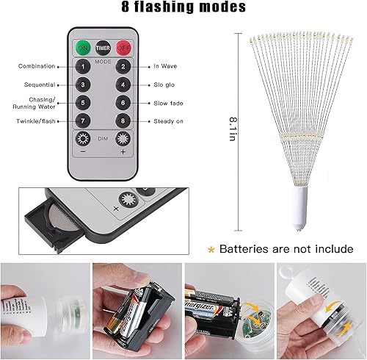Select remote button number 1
pos(84,67)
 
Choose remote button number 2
pos(123,67)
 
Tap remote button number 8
pos(123,120)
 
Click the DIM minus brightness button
pos(84,140)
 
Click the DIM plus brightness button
pos(123,140)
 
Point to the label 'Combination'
pos(37,66)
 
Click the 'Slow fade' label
pos(168,103)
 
